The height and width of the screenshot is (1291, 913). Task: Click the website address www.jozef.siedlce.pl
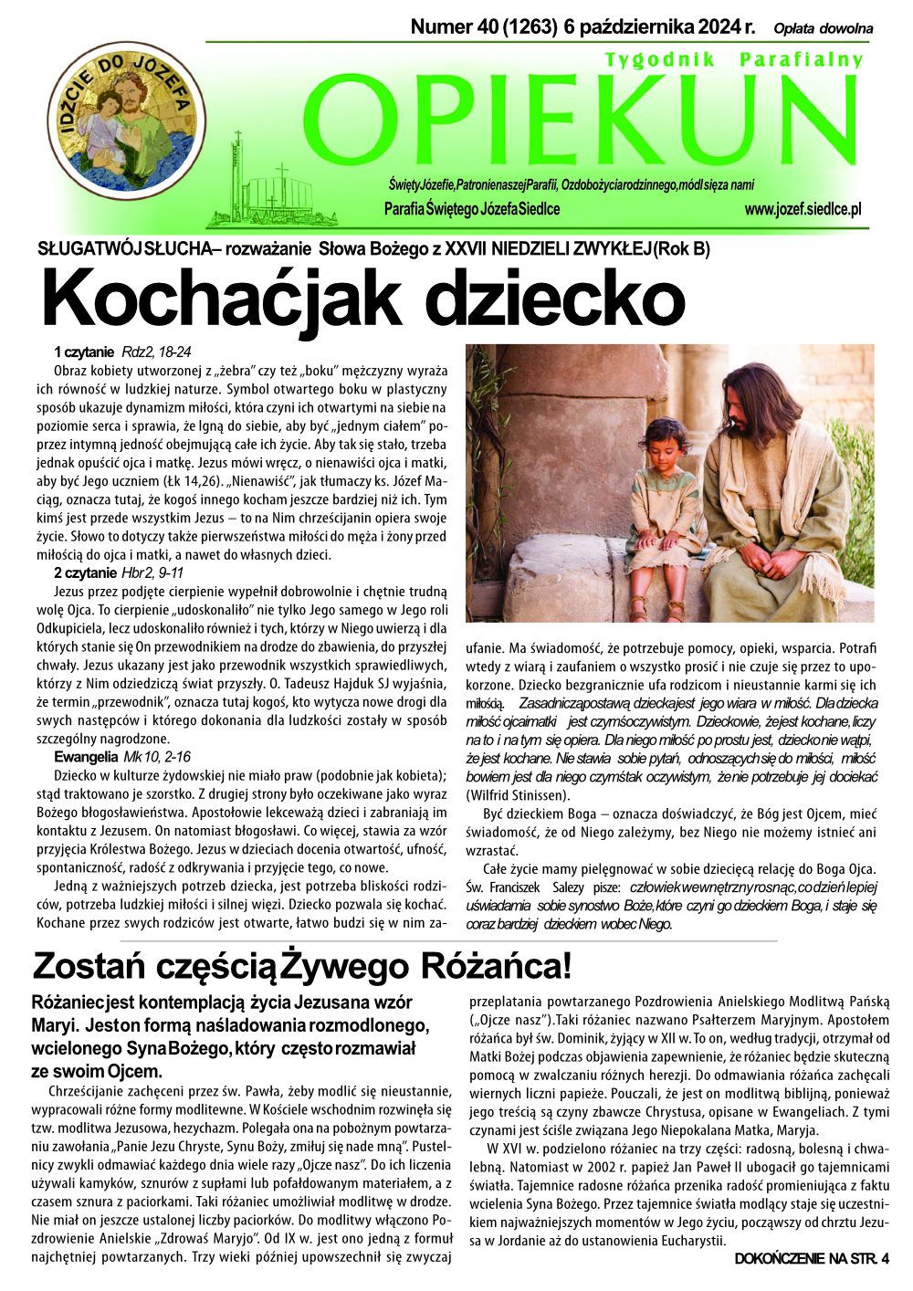point(803,210)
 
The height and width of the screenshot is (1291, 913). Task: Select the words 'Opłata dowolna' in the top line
point(823,29)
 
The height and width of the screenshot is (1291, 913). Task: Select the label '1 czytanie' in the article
point(83,352)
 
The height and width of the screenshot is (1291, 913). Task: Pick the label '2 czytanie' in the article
point(85,572)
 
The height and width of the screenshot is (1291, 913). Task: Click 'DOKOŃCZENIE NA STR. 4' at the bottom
point(810,1260)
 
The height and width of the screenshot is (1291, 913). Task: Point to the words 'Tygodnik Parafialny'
point(733,59)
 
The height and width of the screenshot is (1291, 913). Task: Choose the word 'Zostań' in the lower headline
point(82,965)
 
